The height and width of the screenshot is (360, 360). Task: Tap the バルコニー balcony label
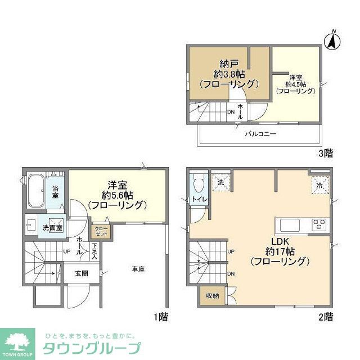tap(260, 134)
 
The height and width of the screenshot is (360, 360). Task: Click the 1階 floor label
tap(160, 317)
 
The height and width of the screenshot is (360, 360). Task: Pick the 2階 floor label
tap(325, 317)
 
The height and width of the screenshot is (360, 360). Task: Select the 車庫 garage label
tap(138, 269)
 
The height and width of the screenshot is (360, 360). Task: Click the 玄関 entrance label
tap(79, 273)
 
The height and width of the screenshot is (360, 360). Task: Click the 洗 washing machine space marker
tap(220, 182)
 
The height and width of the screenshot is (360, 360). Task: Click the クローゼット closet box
tap(102, 231)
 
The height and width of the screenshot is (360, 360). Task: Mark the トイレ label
tap(198, 200)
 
